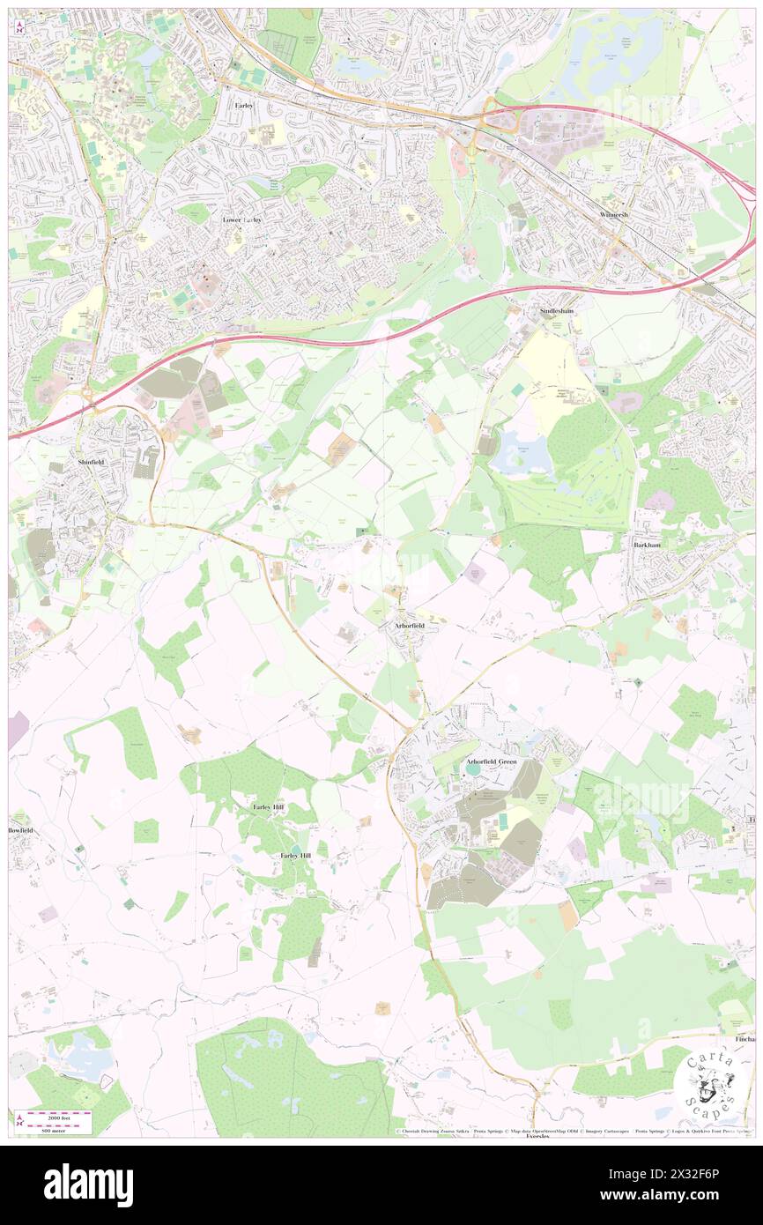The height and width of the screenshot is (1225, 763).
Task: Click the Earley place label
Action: tap(244, 105)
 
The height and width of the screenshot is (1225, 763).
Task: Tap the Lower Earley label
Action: tap(242, 219)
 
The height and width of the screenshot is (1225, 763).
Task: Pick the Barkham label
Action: tap(647, 546)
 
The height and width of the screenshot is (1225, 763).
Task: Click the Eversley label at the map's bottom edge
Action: tap(537, 1137)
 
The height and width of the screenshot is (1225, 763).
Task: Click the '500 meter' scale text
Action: tap(58, 1130)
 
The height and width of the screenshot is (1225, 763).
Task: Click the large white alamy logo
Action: tap(88, 1185)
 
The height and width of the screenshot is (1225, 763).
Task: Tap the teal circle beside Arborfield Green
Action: tap(474, 770)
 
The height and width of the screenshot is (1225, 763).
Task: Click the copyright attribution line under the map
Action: tap(573, 1131)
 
